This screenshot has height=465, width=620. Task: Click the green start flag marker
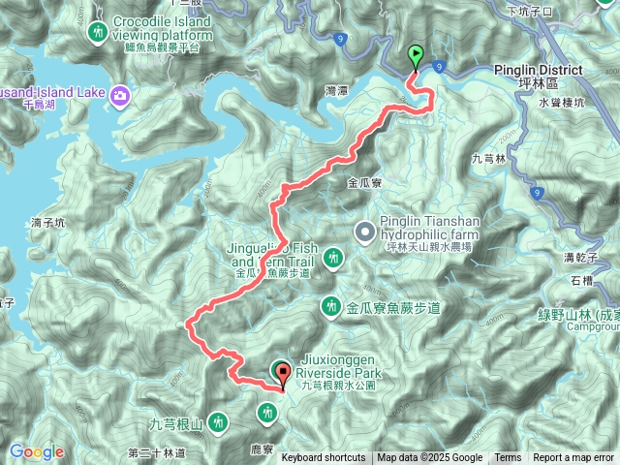[x=417, y=56]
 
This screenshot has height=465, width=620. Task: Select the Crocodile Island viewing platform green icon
[x=97, y=34]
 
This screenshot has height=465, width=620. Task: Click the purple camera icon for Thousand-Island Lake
[x=119, y=94]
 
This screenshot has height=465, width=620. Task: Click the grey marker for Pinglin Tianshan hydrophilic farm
[x=364, y=231]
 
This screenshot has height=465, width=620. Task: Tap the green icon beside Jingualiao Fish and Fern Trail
[x=333, y=258]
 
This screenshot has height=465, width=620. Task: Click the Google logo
[x=37, y=451]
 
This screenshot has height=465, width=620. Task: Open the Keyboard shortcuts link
[x=324, y=458]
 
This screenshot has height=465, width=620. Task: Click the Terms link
[x=508, y=458]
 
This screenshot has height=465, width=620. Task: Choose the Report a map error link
[x=573, y=458]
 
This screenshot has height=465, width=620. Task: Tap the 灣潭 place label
[x=336, y=90]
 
